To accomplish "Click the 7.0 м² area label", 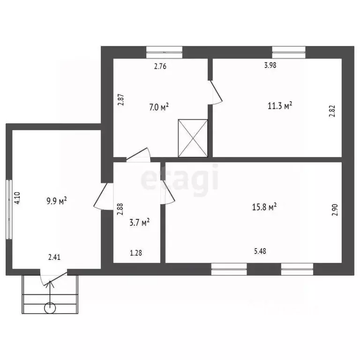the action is pyautogui.click(x=159, y=107).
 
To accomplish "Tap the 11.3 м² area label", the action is pyautogui.click(x=280, y=106).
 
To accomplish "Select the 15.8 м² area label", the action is pyautogui.click(x=264, y=207).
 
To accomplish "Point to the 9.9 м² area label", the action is pyautogui.click(x=56, y=201).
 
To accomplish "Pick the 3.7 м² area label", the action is pyautogui.click(x=140, y=222).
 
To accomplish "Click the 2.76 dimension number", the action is pyautogui.click(x=160, y=67).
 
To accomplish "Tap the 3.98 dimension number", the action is pyautogui.click(x=270, y=65).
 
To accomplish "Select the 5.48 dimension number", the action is pyautogui.click(x=260, y=251).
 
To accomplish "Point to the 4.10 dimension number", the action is pyautogui.click(x=17, y=198).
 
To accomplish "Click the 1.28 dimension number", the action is pyautogui.click(x=136, y=253).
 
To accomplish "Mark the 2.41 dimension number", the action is pyautogui.click(x=54, y=257).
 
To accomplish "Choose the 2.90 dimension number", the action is pyautogui.click(x=335, y=210).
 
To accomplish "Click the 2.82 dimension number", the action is pyautogui.click(x=332, y=111).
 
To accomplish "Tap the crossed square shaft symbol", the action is pyautogui.click(x=193, y=138).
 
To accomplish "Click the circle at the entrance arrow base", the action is pyautogui.click(x=50, y=308).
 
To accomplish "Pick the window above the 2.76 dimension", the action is pyautogui.click(x=165, y=52).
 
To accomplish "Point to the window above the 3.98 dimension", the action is pyautogui.click(x=289, y=52).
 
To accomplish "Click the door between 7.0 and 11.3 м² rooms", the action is pyautogui.click(x=215, y=92).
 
